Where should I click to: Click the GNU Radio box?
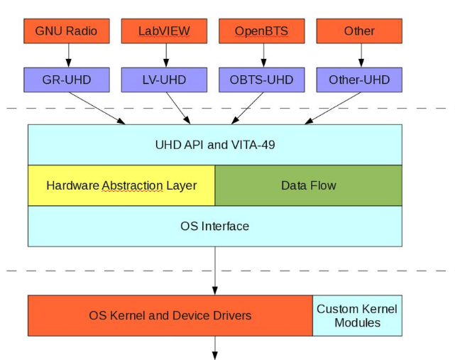67,31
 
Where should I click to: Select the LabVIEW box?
164,31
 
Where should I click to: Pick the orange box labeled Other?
359,31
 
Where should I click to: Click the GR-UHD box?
67,80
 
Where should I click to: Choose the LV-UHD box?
164,80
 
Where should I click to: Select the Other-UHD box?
359,80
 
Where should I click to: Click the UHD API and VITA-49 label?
214,145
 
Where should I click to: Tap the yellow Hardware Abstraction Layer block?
121,185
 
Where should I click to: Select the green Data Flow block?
308,185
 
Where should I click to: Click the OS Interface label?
214,226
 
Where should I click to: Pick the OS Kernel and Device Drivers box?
170,315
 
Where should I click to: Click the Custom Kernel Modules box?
357,315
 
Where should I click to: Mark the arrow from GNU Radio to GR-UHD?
69,55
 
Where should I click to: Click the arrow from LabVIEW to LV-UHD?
165,55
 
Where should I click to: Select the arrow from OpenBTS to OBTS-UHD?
263,55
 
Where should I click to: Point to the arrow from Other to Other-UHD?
361,55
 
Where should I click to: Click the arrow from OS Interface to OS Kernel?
214,270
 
